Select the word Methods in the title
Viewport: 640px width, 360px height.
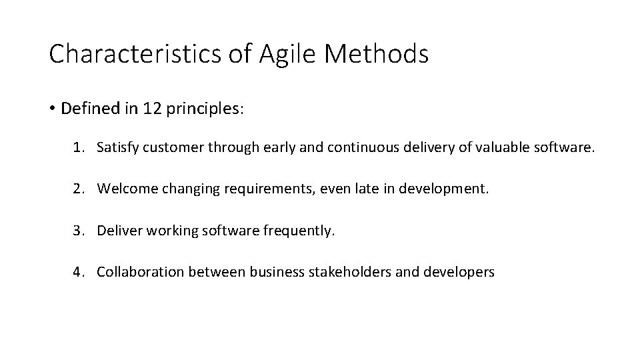(376, 54)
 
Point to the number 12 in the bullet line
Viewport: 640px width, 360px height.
(151, 108)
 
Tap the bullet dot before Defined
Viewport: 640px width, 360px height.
(52, 109)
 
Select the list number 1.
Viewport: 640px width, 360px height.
(77, 148)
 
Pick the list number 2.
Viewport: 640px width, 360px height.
(77, 189)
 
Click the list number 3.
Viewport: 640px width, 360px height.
(77, 231)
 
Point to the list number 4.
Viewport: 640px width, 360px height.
(77, 272)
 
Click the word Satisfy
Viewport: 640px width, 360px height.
(117, 148)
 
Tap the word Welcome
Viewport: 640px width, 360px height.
(125, 189)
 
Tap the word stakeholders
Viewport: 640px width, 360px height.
(348, 272)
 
